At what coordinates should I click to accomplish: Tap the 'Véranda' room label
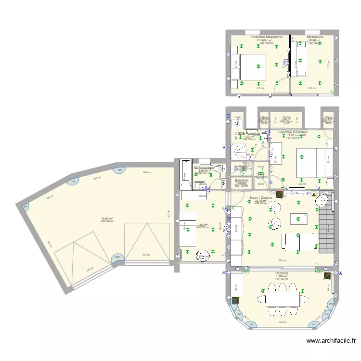click(282, 273)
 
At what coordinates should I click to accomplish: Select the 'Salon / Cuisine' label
click(261, 198)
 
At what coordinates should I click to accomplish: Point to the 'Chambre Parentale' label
click(293, 132)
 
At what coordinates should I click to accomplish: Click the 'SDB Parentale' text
click(249, 133)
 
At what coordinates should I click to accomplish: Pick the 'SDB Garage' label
click(203, 168)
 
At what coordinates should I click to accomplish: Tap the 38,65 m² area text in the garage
click(106, 218)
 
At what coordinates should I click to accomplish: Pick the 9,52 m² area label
click(202, 224)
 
